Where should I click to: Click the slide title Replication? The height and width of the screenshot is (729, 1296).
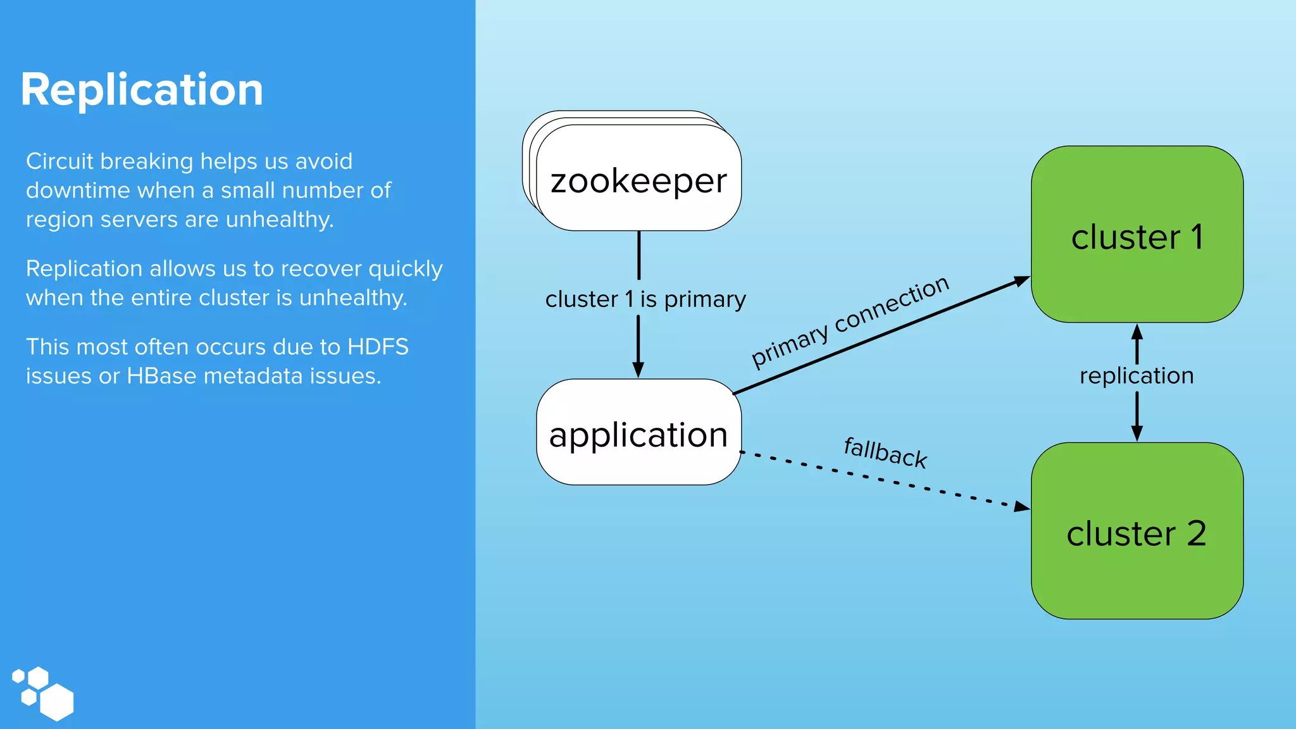[x=142, y=90]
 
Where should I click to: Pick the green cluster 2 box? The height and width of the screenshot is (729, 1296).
[x=1137, y=532]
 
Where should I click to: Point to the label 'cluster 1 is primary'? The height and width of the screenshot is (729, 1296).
[x=645, y=299]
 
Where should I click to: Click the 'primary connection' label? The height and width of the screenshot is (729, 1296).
[x=850, y=321]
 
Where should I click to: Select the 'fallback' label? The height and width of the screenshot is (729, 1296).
[x=885, y=452]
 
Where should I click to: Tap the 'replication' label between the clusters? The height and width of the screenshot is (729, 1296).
[x=1137, y=376]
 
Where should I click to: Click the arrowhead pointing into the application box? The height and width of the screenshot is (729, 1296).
[x=639, y=370]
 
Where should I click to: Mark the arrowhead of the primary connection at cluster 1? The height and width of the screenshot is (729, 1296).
[x=1021, y=280]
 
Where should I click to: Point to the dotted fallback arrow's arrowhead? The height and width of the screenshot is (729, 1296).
[x=1021, y=506]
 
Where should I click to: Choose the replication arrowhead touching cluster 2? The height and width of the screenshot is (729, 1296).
[x=1137, y=433]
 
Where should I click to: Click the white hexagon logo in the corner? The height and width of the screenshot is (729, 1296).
[x=43, y=693]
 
